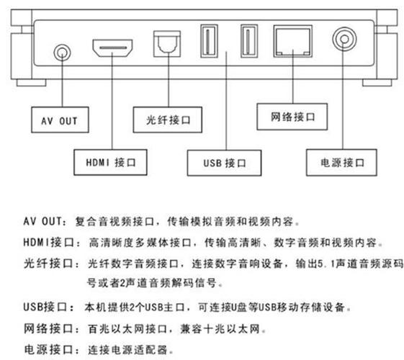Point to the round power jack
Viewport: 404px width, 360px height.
click(x=343, y=40)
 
